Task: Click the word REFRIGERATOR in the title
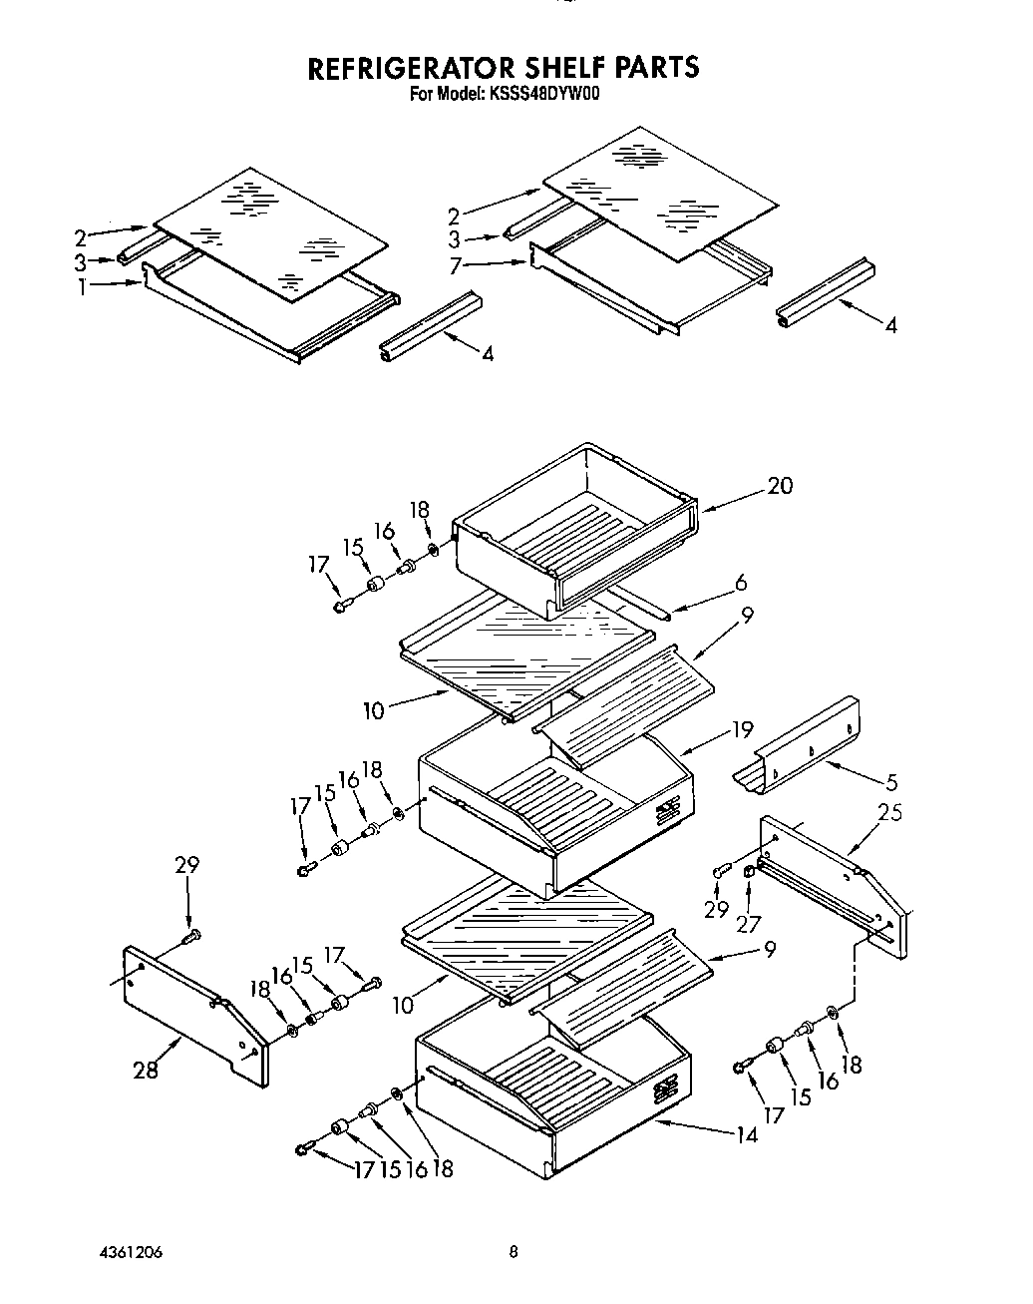coord(411,68)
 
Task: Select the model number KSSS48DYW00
coord(542,95)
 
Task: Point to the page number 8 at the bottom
coord(513,1252)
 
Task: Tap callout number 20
coord(780,486)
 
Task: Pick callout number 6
coord(740,584)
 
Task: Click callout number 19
coord(742,729)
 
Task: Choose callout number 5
coord(890,782)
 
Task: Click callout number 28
coord(146,1071)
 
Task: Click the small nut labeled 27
coord(749,873)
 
